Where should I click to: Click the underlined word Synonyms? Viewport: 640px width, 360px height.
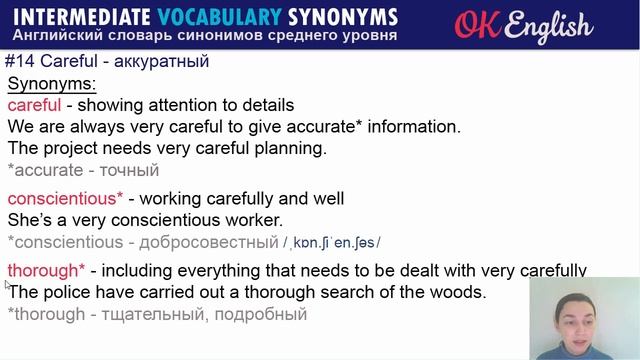coord(51,84)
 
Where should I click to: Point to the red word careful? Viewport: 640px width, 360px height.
coord(34,105)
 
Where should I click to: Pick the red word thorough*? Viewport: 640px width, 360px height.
coord(46,271)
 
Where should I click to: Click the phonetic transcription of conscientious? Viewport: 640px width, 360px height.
coord(332,242)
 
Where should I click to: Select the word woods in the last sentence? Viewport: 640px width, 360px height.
coord(458,292)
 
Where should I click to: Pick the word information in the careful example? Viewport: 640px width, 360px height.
coord(406,126)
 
